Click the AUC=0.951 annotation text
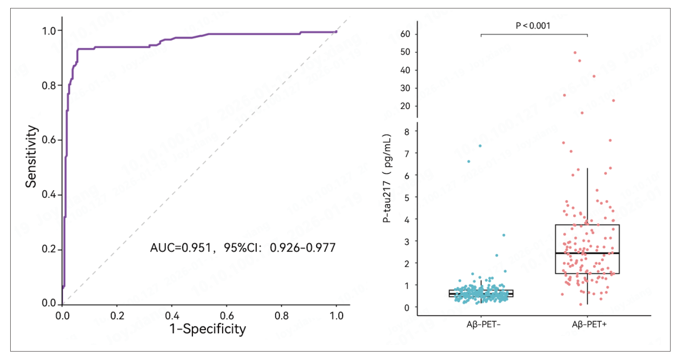tap(180, 247)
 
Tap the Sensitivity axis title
tap(31, 156)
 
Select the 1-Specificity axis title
tap(207, 329)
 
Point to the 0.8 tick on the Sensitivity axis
tap(49, 85)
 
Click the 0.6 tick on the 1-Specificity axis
tap(227, 316)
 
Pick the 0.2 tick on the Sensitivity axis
tap(49, 249)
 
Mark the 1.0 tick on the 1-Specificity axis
tap(336, 316)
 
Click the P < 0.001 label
tap(533, 26)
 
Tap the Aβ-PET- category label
tap(484, 324)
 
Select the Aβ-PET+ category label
tap(589, 324)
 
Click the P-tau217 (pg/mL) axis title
tap(387, 178)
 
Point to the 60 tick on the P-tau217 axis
tap(405, 34)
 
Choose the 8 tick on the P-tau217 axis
tap(407, 131)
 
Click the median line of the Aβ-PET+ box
tap(587, 253)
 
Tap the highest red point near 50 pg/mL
tap(575, 52)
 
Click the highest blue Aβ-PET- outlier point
tap(480, 146)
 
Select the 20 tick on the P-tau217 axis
tap(405, 106)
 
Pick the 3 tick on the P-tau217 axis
tap(407, 241)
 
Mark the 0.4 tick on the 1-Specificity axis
tap(172, 316)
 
